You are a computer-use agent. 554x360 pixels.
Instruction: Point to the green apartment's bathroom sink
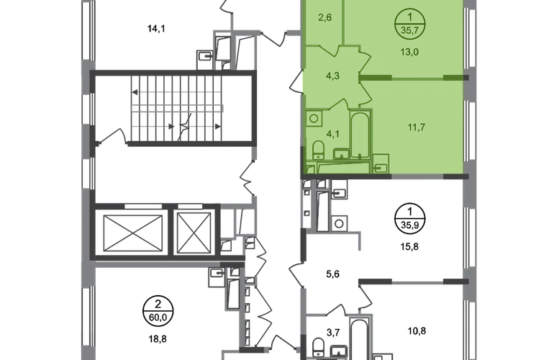379,163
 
